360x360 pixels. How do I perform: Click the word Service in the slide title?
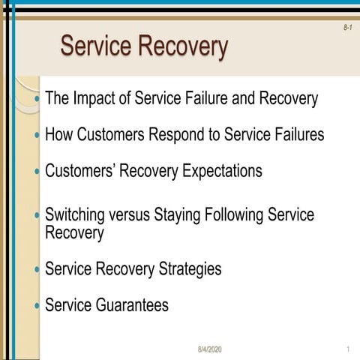(100, 46)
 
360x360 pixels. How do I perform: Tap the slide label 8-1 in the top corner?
(347, 27)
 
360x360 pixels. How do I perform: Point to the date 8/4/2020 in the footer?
(210, 350)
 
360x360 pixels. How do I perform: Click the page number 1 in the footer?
(349, 350)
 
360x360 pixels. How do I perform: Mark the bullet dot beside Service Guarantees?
(37, 306)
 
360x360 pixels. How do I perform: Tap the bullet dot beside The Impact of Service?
(37, 99)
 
